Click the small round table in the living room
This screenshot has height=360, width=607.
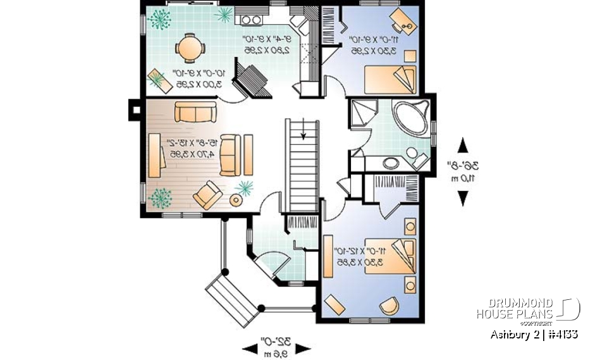[x=236, y=201]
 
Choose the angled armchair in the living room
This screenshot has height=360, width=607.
[x=207, y=194]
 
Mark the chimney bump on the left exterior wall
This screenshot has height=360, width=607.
[x=134, y=109]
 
